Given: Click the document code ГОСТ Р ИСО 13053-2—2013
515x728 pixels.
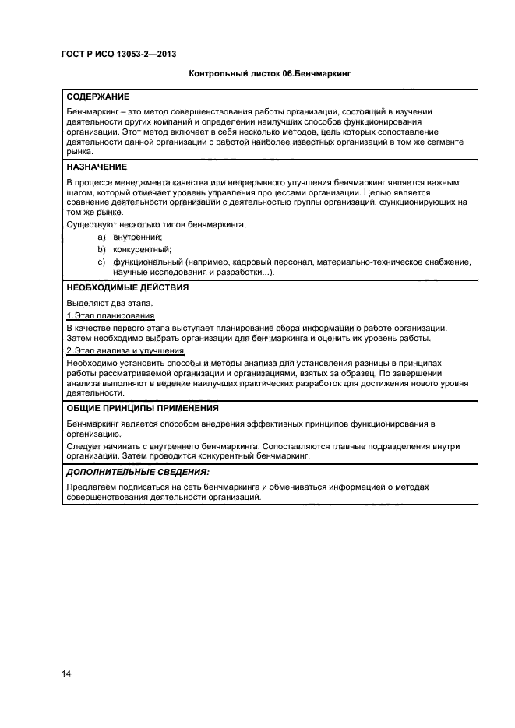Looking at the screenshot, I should [117, 55].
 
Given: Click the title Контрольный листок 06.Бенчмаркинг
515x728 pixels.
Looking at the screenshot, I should [270, 76].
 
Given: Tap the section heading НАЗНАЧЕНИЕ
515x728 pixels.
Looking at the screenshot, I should [97, 167].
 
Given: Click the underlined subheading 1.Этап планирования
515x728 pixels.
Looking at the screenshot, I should [110, 315].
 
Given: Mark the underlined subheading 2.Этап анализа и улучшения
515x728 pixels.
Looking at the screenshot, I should [125, 351].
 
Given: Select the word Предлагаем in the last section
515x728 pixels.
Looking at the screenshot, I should [93, 487].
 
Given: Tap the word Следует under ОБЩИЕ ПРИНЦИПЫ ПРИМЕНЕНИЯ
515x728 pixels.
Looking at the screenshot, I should [83, 446].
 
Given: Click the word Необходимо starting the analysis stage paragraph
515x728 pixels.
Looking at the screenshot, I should [92, 363].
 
